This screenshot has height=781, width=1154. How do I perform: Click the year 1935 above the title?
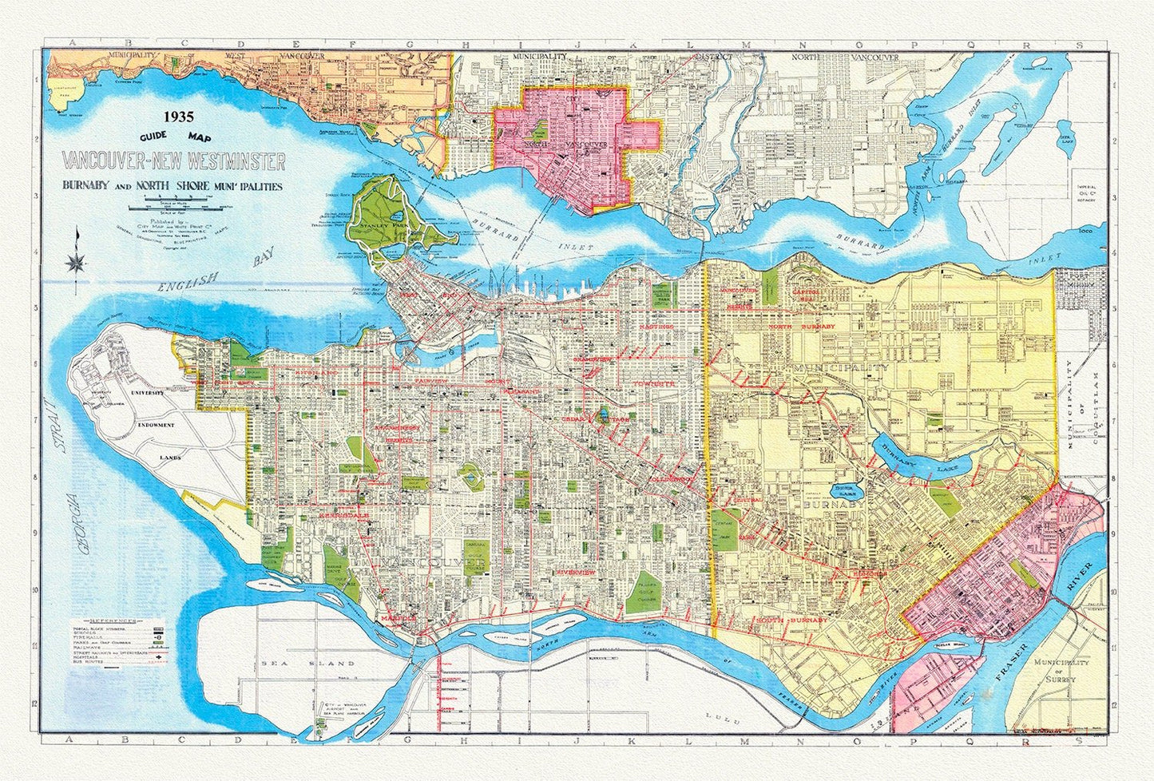[x=179, y=117]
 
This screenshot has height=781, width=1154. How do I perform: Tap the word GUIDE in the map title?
[x=149, y=137]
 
